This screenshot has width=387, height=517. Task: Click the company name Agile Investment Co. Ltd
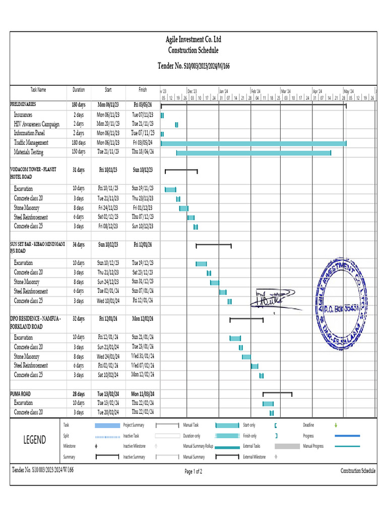pyautogui.click(x=193, y=39)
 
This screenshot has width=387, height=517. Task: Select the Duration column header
pyautogui.click(x=79, y=90)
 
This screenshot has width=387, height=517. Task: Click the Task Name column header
pyautogui.click(x=38, y=90)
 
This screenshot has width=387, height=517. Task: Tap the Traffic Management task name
pyautogui.click(x=31, y=143)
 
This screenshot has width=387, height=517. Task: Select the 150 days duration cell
pyautogui.click(x=79, y=152)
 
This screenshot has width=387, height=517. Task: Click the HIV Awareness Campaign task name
pyautogui.click(x=37, y=124)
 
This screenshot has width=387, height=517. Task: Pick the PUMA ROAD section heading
pyautogui.click(x=21, y=394)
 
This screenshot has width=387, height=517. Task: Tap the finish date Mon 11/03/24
pyautogui.click(x=143, y=394)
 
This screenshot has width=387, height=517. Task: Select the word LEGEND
pyautogui.click(x=35, y=440)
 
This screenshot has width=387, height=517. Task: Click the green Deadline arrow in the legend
pyautogui.click(x=336, y=425)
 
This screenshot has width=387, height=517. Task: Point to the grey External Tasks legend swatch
pyautogui.click(x=287, y=446)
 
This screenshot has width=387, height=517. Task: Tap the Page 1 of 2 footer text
pyautogui.click(x=193, y=472)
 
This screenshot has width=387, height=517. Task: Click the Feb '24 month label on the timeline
pyautogui.click(x=256, y=91)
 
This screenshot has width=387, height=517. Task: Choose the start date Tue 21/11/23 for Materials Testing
pyautogui.click(x=108, y=152)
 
